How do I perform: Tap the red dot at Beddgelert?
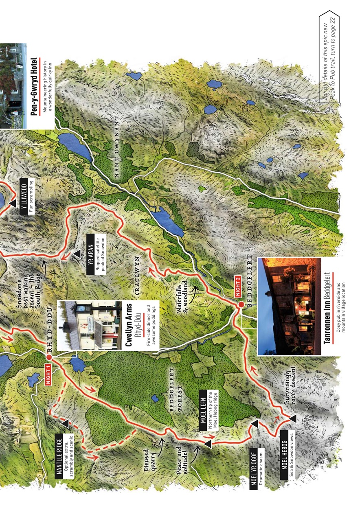241,304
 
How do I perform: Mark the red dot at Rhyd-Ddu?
49,357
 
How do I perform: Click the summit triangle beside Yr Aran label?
77,254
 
